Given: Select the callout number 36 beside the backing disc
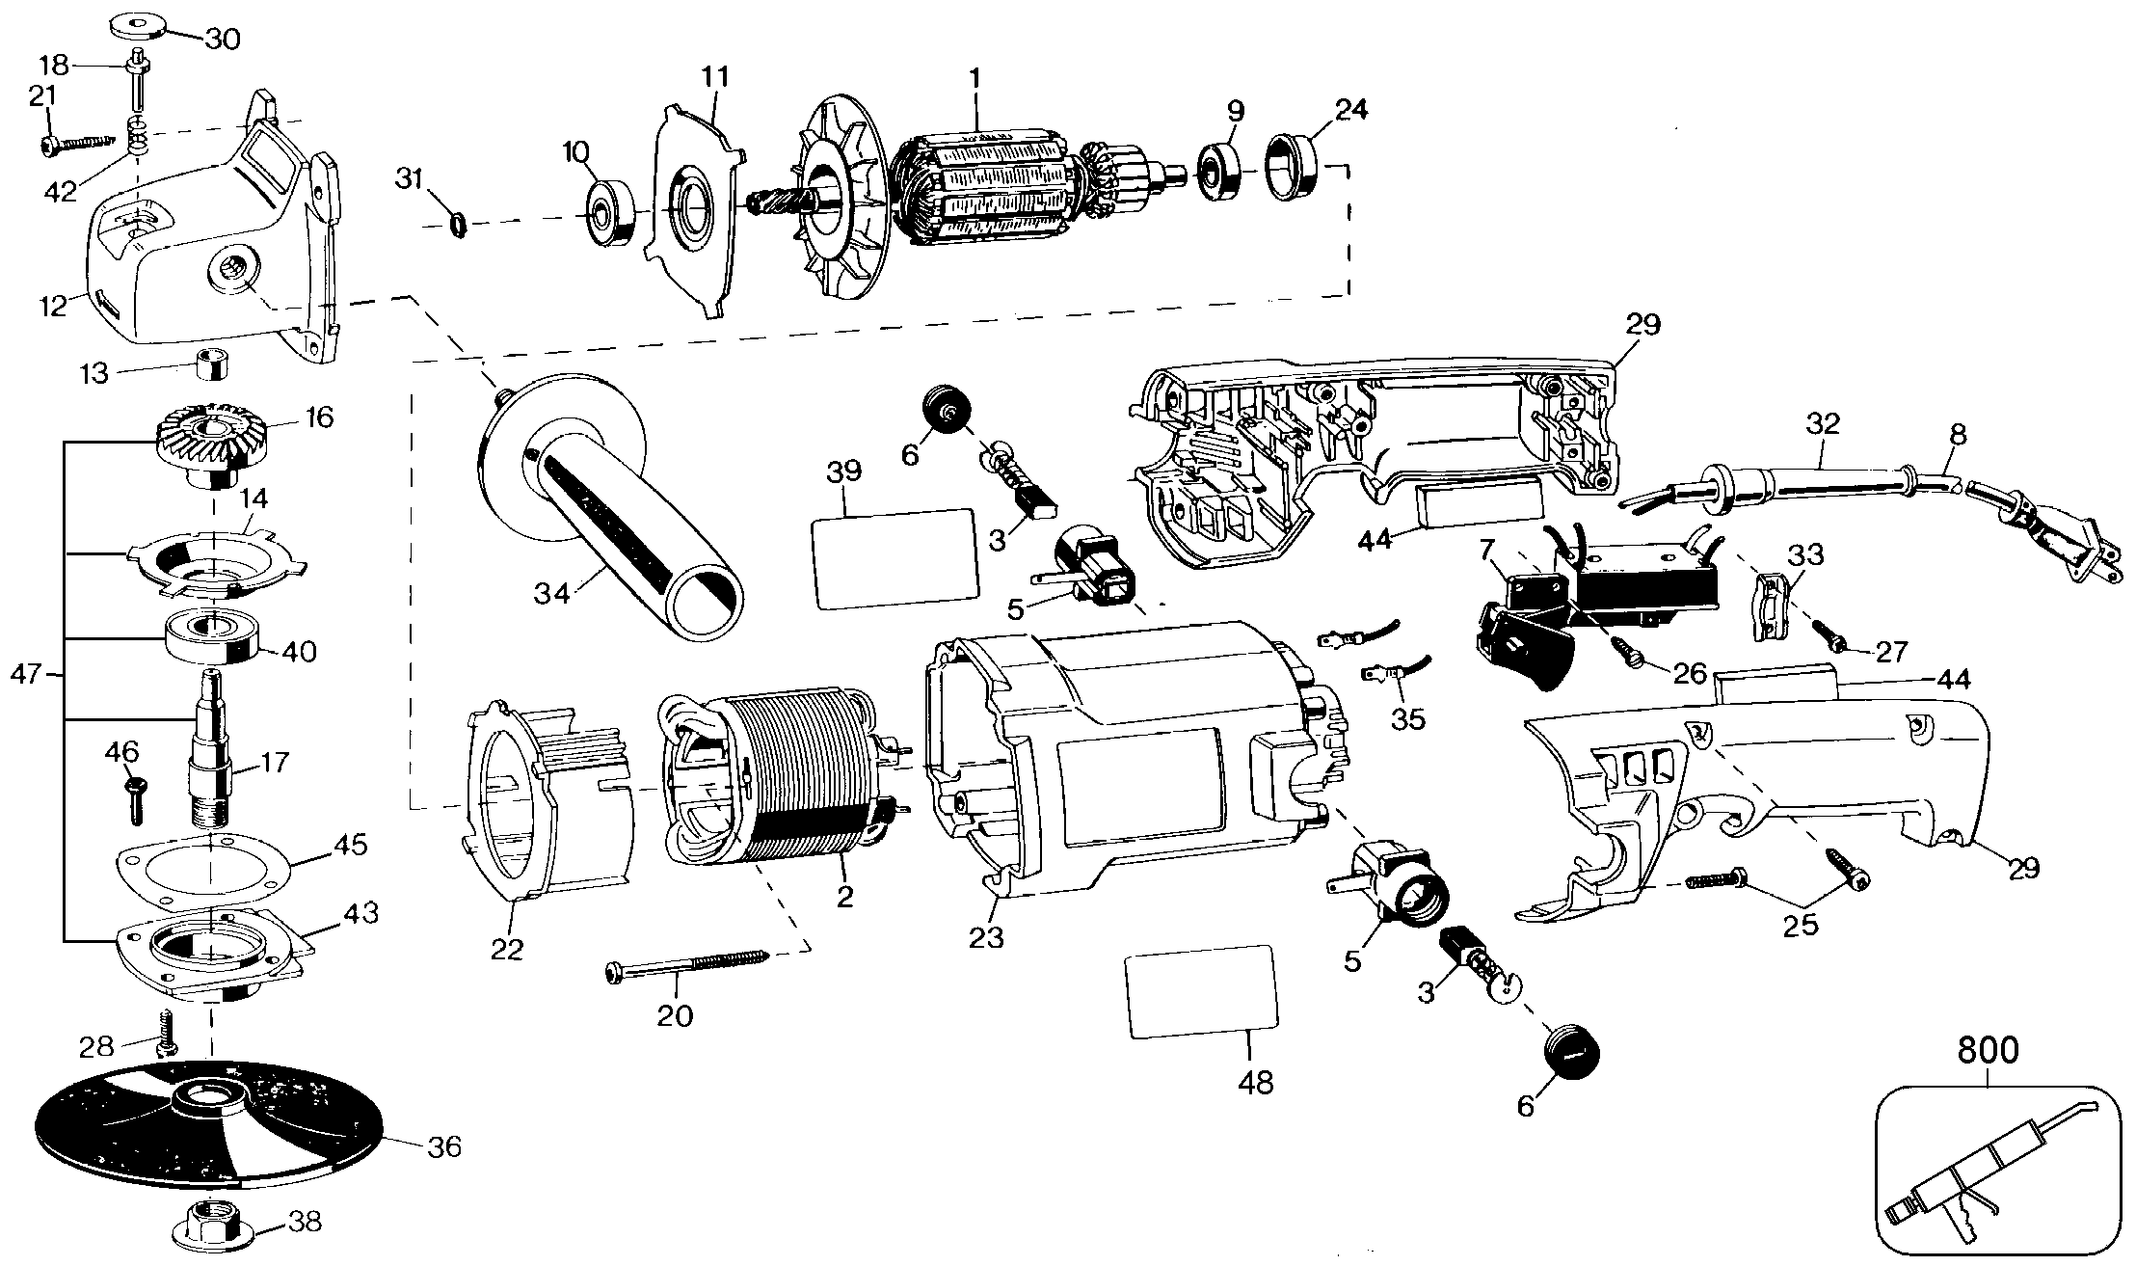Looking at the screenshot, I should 444,1146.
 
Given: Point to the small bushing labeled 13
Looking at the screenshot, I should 211,366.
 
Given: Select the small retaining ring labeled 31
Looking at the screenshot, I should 459,227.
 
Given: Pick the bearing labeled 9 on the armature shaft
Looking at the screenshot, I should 1219,172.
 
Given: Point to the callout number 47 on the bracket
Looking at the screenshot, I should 28,675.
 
